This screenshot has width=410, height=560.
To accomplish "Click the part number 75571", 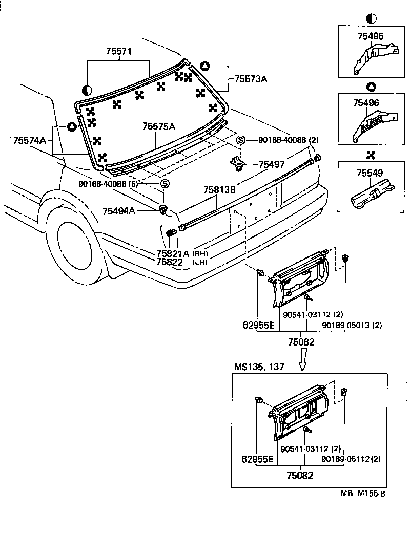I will coord(119,52).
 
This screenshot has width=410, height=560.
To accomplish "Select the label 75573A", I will coord(251,79).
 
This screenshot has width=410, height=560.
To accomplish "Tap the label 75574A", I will coord(30,140).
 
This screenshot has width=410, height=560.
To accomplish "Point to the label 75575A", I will coord(158,126).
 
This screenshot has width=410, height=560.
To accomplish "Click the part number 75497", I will coord(272,164).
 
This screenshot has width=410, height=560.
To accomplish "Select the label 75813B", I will coord(219,190).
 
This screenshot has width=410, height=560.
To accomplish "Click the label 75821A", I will coord(173,253).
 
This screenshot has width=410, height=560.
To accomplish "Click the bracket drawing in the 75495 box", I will coord(376,57).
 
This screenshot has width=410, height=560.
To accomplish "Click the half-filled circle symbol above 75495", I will coord(372,19).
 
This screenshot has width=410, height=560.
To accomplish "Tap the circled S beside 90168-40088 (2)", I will coord(241,140).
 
